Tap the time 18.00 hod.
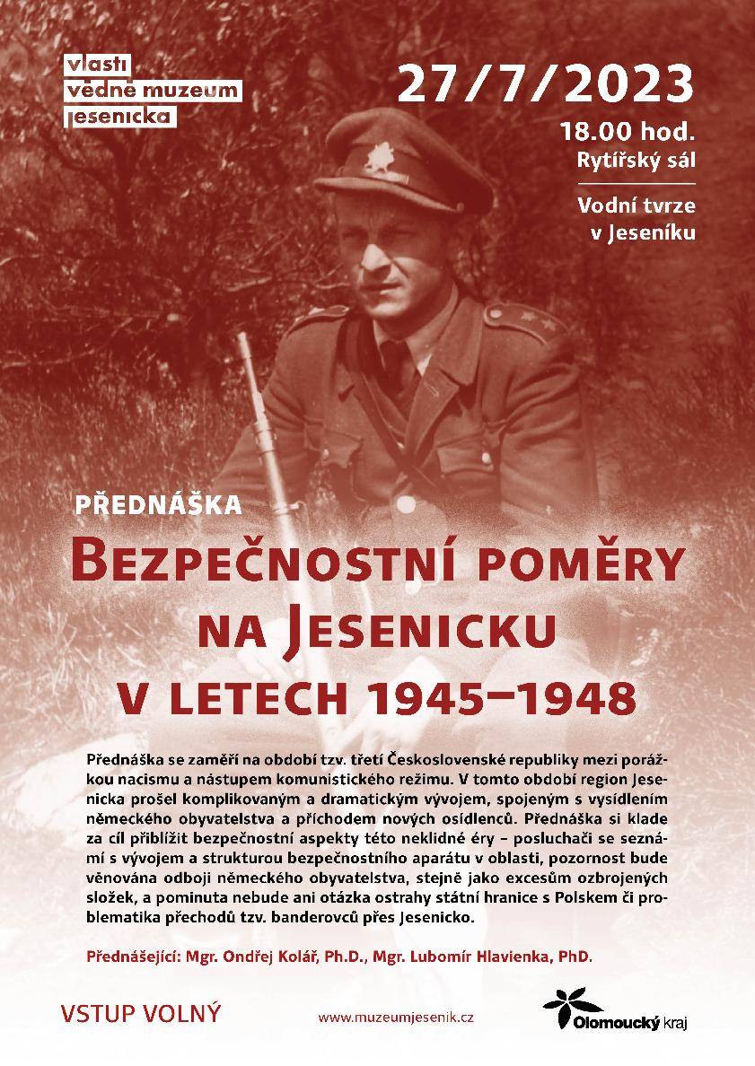627,132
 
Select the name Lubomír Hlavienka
479,957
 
